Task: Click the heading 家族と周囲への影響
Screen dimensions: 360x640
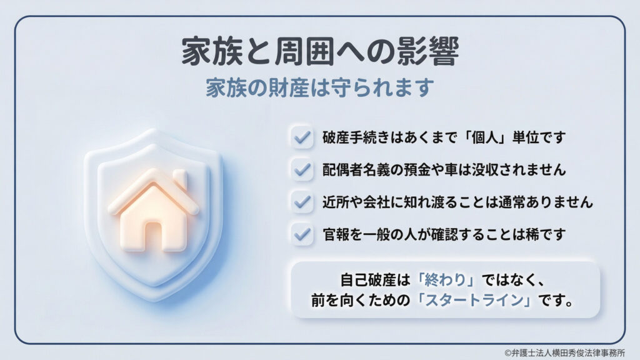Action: point(320,53)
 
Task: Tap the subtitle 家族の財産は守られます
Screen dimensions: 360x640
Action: point(320,87)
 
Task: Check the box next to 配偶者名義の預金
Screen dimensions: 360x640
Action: point(302,169)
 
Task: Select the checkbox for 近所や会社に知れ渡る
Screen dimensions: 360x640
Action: point(302,202)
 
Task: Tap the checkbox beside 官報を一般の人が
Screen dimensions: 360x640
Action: point(302,234)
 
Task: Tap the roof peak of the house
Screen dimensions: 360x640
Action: point(152,174)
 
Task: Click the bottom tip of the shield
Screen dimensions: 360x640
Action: point(153,299)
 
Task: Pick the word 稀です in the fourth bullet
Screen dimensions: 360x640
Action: point(550,234)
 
